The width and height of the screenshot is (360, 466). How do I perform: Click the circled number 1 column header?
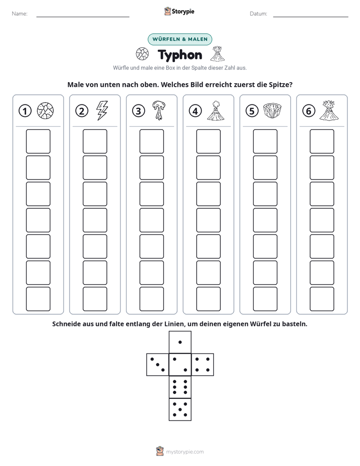coord(25,111)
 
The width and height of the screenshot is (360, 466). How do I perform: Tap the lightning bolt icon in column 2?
coord(102,110)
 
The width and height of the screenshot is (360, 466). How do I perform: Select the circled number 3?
coord(139,111)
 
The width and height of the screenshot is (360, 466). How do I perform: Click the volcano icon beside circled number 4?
coord(216,111)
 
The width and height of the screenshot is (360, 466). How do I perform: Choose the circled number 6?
coord(309,111)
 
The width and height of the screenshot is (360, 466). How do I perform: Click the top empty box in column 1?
coord(38,141)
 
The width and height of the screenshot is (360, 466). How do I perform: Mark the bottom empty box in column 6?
coord(322,299)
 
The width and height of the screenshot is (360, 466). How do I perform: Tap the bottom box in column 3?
coord(151,299)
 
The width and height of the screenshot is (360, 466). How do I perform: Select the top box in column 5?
coord(265,141)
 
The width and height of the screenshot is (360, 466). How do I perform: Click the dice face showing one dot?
coord(180,342)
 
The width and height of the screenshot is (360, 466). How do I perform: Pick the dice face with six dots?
coord(180,387)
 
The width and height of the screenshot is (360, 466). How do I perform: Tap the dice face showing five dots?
coord(180,410)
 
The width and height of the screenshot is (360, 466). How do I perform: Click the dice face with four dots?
coord(203,365)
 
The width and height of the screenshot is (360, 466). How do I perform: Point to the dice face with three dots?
coord(158,365)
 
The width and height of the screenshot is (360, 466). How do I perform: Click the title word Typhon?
coord(180,55)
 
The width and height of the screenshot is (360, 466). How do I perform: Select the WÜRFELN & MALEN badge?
coord(180,39)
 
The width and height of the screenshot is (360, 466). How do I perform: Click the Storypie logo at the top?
coord(179,12)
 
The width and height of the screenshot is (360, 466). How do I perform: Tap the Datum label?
coord(259,14)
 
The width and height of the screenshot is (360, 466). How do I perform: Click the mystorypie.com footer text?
coord(185,452)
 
